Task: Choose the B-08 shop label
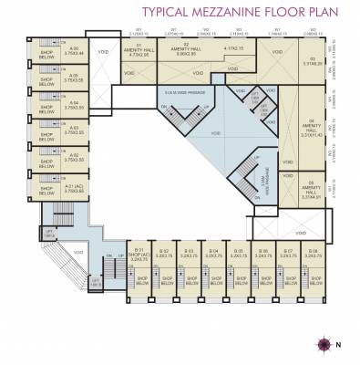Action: tap(313, 253)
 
